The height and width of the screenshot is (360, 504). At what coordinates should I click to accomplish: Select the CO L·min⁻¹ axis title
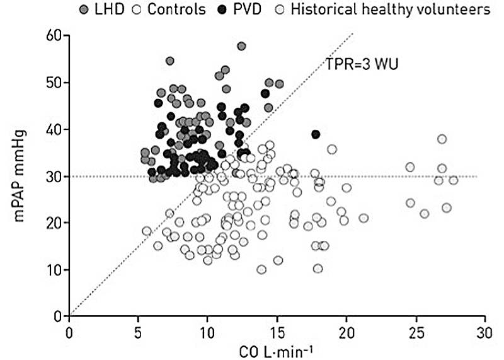pos(277,349)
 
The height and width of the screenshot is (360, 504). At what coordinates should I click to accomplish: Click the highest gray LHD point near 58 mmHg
pos(241,46)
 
